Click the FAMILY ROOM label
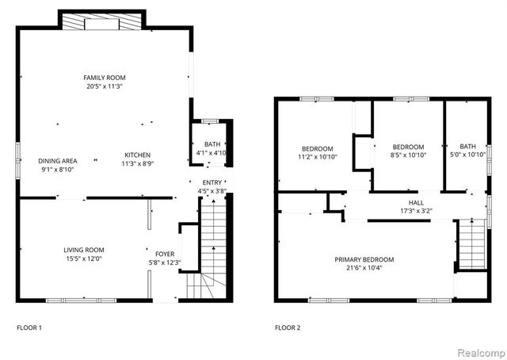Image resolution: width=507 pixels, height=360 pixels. click(x=105, y=78)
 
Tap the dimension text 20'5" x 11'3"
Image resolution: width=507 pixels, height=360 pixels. click(x=105, y=86)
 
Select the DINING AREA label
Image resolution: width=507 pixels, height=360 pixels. click(x=58, y=160)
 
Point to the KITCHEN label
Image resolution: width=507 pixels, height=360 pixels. click(x=136, y=155)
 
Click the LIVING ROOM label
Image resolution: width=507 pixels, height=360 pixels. click(x=84, y=250)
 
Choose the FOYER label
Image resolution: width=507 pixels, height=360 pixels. click(x=164, y=254)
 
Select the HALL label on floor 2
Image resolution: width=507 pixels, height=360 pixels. click(x=416, y=202)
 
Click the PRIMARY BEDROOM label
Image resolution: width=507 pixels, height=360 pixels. click(x=364, y=259)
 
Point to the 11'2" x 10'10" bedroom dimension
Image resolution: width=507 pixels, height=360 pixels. click(x=317, y=157)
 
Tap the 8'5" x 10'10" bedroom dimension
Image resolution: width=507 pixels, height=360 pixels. click(x=408, y=155)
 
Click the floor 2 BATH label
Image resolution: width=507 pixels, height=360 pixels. click(x=468, y=146)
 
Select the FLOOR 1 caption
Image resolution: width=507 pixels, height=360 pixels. click(x=29, y=327)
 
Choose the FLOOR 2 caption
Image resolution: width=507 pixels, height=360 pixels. click(x=288, y=327)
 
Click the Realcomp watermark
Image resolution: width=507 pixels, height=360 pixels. click(x=478, y=350)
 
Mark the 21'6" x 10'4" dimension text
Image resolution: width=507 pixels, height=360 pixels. click(x=364, y=269)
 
